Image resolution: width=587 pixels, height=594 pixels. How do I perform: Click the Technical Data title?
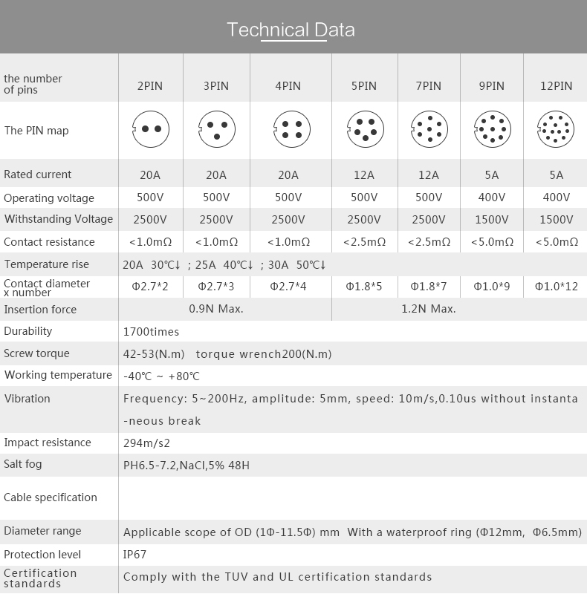(291, 30)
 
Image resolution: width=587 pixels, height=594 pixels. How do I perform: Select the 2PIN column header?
(149, 85)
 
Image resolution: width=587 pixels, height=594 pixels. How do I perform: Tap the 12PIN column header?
(556, 85)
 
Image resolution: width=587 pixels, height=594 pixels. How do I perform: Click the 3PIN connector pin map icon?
(215, 130)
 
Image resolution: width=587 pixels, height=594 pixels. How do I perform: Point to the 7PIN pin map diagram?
(429, 131)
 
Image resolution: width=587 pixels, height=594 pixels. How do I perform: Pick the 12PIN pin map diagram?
(556, 131)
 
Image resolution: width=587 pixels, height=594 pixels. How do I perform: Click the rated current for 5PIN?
(364, 175)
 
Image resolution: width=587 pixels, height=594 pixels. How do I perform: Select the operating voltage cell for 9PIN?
(492, 198)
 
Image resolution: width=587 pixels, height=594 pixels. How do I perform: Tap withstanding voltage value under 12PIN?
(556, 219)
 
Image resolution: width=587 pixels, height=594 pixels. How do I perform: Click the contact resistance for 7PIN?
(429, 242)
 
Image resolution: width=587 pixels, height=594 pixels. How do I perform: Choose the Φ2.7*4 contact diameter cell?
(288, 286)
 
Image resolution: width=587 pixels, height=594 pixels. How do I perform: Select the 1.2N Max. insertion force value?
(429, 309)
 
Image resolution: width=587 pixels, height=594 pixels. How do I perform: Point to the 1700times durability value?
(151, 332)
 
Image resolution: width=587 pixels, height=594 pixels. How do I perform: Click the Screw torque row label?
(36, 353)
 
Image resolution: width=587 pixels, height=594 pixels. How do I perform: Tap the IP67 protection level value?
(134, 555)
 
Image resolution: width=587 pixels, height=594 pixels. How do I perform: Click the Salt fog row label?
(23, 464)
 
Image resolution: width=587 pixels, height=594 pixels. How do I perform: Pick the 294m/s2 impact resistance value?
(146, 443)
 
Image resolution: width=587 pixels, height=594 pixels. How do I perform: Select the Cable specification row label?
(51, 497)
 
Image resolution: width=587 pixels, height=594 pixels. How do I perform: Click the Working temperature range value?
(161, 376)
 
